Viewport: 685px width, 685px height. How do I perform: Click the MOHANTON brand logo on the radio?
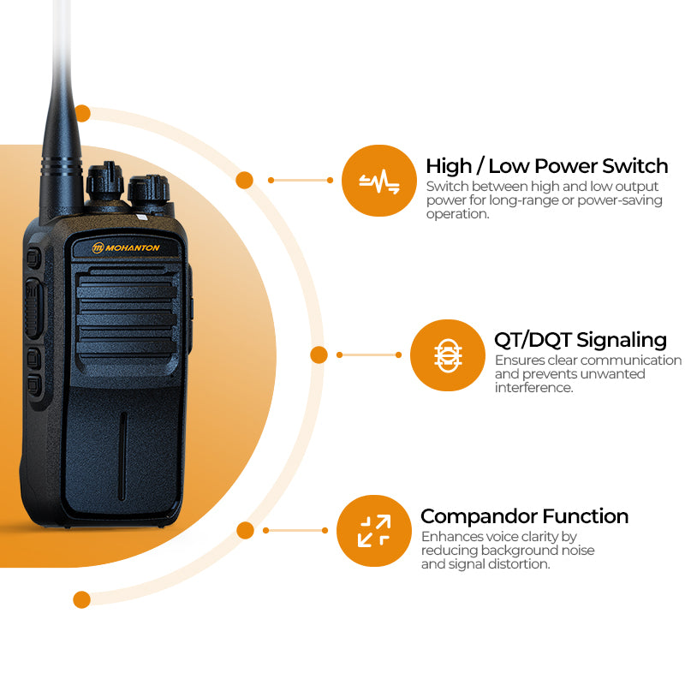(126, 247)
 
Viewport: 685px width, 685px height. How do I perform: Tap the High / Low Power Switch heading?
(547, 166)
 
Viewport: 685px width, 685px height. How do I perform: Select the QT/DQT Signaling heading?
(581, 340)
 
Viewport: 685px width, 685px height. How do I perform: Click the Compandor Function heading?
(524, 516)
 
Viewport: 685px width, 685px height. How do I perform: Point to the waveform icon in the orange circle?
(379, 181)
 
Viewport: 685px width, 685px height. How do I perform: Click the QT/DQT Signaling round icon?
(448, 355)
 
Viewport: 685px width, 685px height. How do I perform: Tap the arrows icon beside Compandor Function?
(374, 531)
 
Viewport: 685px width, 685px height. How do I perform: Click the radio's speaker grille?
(127, 312)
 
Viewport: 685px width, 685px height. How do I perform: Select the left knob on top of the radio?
(104, 181)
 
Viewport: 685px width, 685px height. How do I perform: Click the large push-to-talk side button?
(33, 309)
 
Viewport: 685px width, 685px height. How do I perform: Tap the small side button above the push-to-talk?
(33, 258)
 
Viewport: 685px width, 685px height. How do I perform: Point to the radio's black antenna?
(61, 110)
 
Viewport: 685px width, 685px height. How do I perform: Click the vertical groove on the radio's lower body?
(122, 456)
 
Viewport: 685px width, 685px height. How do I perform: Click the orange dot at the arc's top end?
(82, 114)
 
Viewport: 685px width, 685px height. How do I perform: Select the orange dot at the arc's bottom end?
(81, 599)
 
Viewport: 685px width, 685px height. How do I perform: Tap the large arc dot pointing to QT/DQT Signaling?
(319, 354)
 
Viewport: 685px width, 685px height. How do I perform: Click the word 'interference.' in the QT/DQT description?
(533, 388)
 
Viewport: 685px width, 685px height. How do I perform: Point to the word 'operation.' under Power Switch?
(457, 214)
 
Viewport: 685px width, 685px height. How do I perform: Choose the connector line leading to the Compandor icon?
(295, 530)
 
